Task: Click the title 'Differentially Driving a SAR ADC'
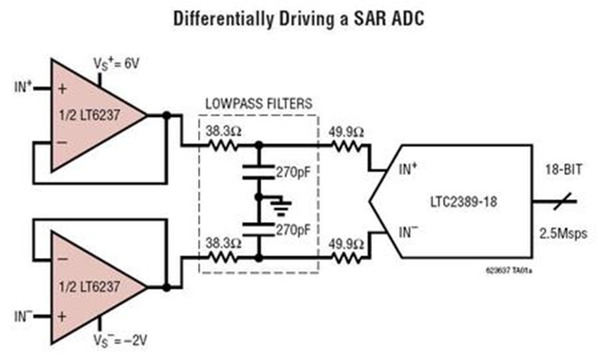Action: pos(298,18)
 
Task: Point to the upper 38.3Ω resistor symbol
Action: pos(221,143)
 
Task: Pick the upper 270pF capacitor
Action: pos(258,172)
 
